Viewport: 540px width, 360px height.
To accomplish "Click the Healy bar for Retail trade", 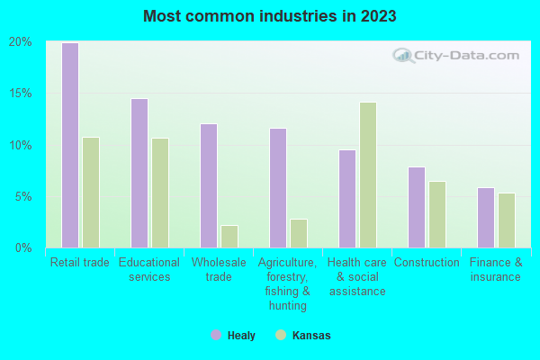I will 70,145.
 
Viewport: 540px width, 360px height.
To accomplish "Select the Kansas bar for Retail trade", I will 91,193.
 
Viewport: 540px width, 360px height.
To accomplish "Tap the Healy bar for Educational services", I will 139,173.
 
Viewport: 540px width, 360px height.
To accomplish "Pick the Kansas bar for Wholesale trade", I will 229,237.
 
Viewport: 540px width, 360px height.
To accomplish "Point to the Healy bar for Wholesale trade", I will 209,185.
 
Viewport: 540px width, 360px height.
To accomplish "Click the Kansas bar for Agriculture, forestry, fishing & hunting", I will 299,233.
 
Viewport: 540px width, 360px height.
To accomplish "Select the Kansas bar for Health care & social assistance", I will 368,175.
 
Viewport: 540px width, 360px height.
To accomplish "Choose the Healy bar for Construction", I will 417,207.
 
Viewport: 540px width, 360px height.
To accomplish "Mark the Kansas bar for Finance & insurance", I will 507,220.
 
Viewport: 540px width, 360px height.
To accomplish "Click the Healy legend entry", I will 233,336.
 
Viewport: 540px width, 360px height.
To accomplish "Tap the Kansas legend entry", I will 303,336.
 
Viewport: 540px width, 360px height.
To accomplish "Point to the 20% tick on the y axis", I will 21,42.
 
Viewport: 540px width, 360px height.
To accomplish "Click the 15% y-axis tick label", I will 21,94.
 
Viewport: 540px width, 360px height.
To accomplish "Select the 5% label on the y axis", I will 23,197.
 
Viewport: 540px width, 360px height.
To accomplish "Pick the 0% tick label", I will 23,247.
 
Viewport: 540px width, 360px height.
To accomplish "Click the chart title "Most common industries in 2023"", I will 269,16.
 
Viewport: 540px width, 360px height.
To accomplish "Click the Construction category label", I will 427,263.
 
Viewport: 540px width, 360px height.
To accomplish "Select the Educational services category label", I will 149,270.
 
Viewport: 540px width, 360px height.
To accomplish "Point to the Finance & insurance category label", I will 496,270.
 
